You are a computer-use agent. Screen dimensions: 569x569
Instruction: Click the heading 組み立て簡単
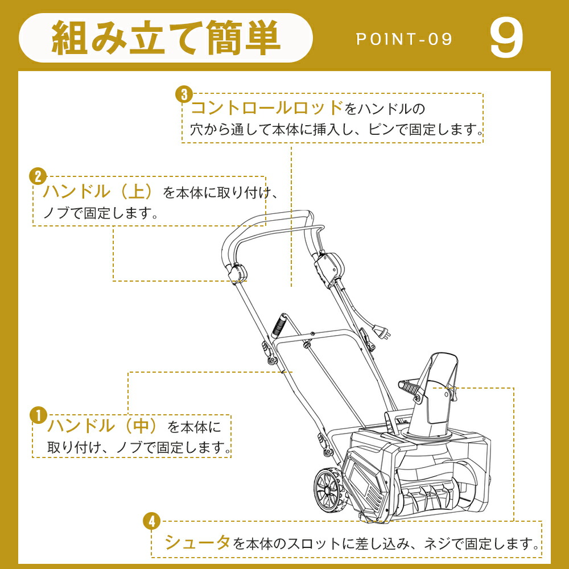point(166,38)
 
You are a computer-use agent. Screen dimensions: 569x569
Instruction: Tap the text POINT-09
point(404,39)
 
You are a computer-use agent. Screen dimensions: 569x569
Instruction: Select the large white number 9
point(506,39)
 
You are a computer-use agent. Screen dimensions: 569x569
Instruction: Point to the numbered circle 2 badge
point(38,176)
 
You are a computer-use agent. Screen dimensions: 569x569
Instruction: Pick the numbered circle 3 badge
point(184,94)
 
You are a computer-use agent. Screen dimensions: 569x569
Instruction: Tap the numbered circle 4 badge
point(152,522)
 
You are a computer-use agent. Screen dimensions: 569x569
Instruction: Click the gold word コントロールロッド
point(267,108)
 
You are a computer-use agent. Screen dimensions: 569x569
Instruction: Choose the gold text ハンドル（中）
point(102,425)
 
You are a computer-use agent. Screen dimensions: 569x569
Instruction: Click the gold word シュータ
point(197,542)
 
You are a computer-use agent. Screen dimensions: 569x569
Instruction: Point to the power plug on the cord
point(382,332)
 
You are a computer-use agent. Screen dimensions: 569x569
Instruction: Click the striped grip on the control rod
point(280,324)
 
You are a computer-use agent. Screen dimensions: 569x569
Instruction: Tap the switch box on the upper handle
point(328,267)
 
